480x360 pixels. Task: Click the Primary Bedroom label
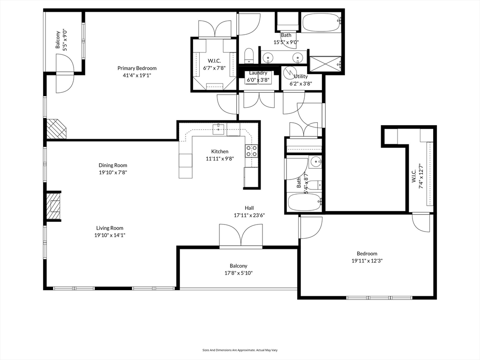[137, 68]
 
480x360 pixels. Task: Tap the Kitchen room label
[220, 151]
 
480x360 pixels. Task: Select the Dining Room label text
[112, 165]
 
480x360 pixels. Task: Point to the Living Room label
[110, 228]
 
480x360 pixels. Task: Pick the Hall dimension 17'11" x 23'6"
[249, 215]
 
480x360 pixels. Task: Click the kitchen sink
[219, 129]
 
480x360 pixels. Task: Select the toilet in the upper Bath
[249, 56]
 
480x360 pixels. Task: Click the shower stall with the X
[325, 64]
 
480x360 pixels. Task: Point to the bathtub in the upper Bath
[322, 22]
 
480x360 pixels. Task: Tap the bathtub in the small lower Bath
[305, 202]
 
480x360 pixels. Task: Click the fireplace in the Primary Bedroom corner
[56, 129]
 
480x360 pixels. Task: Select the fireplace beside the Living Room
[53, 206]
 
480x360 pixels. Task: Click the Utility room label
[300, 76]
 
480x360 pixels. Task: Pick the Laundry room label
[258, 73]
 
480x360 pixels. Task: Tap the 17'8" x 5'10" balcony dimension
[239, 273]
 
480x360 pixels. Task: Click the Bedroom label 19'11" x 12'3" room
[367, 254]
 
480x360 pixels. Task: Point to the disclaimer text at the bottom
[240, 350]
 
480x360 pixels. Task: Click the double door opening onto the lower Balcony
[241, 235]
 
